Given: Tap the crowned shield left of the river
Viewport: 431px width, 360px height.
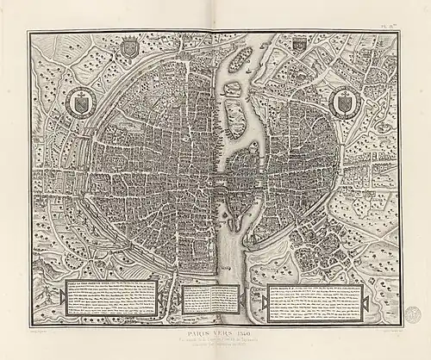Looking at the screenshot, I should (x=129, y=48).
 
